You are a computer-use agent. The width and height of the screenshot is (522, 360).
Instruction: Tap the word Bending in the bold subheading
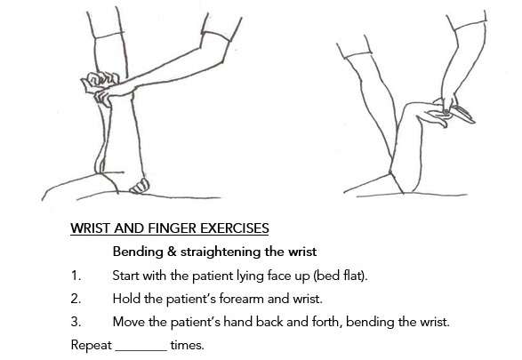point(137,252)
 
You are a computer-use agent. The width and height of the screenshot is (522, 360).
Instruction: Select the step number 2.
point(76,299)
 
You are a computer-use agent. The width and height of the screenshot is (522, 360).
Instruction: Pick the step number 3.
point(76,322)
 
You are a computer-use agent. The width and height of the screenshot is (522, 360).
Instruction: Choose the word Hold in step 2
point(127,299)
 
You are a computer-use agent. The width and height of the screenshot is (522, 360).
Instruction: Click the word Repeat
point(92,345)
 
